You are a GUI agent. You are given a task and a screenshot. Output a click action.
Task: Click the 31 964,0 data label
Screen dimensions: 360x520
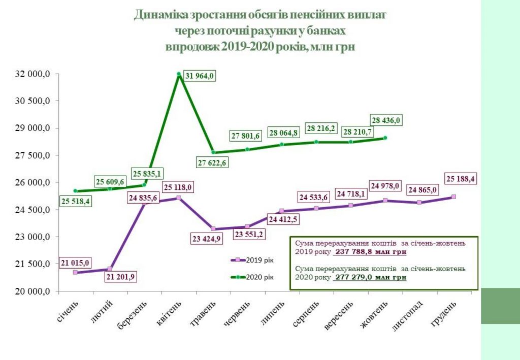(x=200, y=76)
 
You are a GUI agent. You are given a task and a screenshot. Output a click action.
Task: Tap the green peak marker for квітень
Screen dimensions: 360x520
(x=179, y=74)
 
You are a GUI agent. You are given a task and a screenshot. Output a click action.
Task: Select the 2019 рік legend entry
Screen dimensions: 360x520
(x=252, y=259)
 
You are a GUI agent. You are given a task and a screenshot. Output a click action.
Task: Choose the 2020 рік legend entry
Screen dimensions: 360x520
(x=252, y=277)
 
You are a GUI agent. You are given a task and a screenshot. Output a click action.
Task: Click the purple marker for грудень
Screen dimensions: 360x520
(x=453, y=197)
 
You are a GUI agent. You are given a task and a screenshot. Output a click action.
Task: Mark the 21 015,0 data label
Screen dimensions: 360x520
(x=75, y=263)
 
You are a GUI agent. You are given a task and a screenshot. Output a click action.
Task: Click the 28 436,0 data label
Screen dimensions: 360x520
(x=386, y=120)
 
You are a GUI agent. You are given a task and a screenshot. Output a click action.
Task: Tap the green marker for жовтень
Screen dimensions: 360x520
(x=385, y=138)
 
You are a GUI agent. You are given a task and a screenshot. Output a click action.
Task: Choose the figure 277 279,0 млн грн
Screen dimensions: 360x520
(x=371, y=278)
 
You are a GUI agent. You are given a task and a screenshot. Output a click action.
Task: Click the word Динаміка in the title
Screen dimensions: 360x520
(x=160, y=15)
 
